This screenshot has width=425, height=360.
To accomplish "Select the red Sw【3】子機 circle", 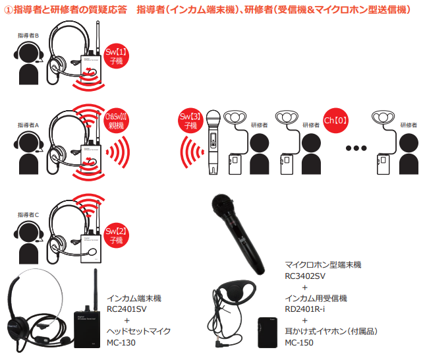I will point(189,121).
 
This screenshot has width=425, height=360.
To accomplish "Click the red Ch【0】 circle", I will point(336,122).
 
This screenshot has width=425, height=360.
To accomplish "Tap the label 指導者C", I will point(28,214).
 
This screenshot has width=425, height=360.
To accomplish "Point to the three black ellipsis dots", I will point(355,148).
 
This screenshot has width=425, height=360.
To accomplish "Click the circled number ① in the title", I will point(9,9).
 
